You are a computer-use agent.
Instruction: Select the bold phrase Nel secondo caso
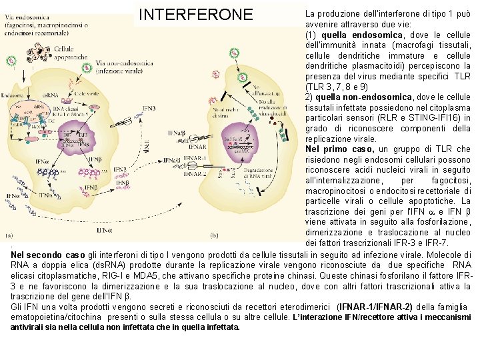point(48,255)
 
